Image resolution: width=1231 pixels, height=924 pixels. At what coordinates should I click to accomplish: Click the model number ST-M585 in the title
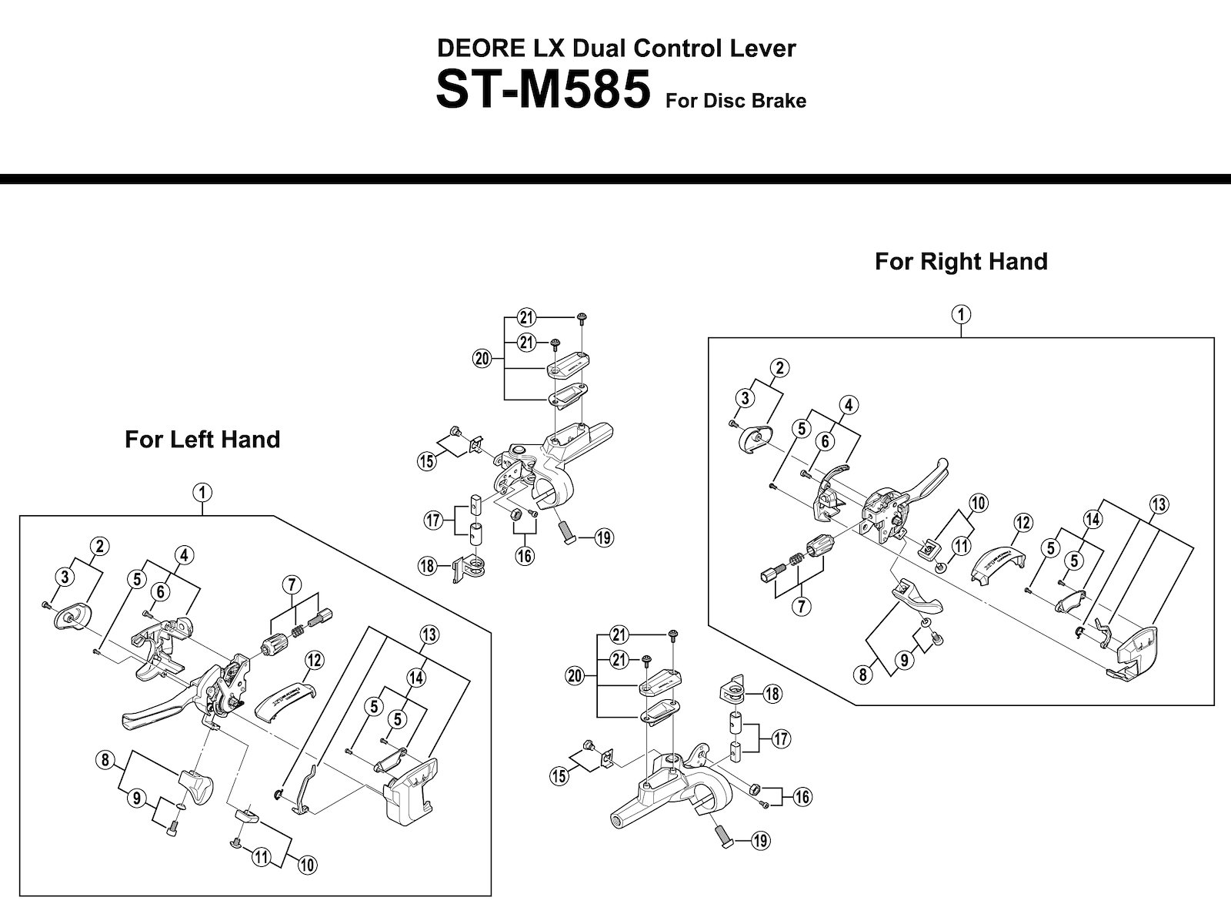(542, 91)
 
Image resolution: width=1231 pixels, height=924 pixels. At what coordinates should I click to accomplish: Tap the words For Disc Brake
(736, 101)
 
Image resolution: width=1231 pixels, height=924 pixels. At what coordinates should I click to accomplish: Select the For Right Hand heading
(961, 262)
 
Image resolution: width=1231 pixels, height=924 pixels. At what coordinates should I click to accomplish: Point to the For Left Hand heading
(202, 440)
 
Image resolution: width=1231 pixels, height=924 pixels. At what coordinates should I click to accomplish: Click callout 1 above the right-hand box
(961, 314)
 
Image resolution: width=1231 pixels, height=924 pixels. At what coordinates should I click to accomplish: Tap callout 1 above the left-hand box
(202, 492)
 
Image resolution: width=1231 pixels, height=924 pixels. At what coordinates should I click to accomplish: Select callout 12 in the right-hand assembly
(1022, 523)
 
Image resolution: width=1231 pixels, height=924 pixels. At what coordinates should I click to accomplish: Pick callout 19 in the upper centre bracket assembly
(604, 537)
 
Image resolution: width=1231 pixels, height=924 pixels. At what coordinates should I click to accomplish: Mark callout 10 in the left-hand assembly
(307, 865)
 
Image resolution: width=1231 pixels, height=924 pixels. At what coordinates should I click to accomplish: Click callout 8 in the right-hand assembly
(863, 675)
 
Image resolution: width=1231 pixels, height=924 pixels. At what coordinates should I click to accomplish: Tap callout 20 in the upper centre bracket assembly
(482, 358)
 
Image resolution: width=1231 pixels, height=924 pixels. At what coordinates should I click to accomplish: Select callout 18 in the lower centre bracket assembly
(772, 694)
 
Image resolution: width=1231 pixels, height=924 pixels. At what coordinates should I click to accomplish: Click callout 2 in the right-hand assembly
(779, 368)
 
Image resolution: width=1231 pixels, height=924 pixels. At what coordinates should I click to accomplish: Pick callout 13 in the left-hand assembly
(429, 634)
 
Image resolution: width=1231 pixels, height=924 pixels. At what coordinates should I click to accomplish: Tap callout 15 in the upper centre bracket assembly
(426, 461)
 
